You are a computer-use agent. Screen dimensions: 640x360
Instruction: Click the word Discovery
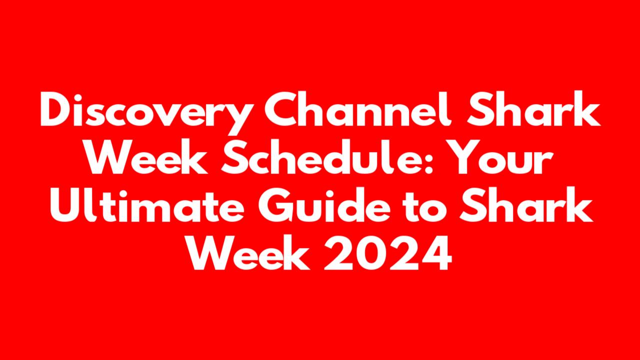pos(147,113)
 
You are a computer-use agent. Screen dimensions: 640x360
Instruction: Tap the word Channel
pos(358,109)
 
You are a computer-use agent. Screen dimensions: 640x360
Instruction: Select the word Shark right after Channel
pos(533,108)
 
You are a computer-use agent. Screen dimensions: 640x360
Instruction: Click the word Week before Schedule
pos(147,156)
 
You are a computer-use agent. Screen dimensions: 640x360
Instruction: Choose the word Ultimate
pos(147,204)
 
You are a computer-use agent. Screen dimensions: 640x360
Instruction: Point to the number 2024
pos(387,252)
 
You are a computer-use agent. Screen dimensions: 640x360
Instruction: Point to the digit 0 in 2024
pos(372,252)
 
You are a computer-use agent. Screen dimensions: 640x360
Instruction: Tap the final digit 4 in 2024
pos(436,252)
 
